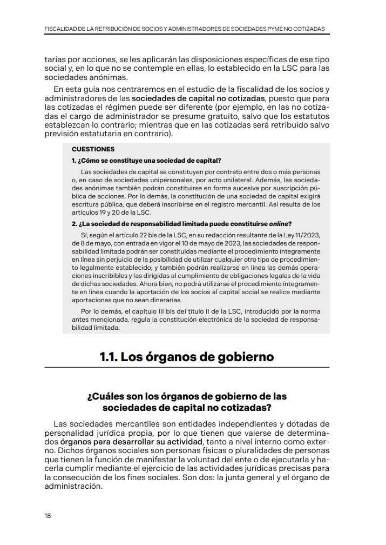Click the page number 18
coord(48,515)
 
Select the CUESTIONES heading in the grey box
coord(93,149)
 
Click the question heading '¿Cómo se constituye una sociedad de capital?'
coord(146,161)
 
